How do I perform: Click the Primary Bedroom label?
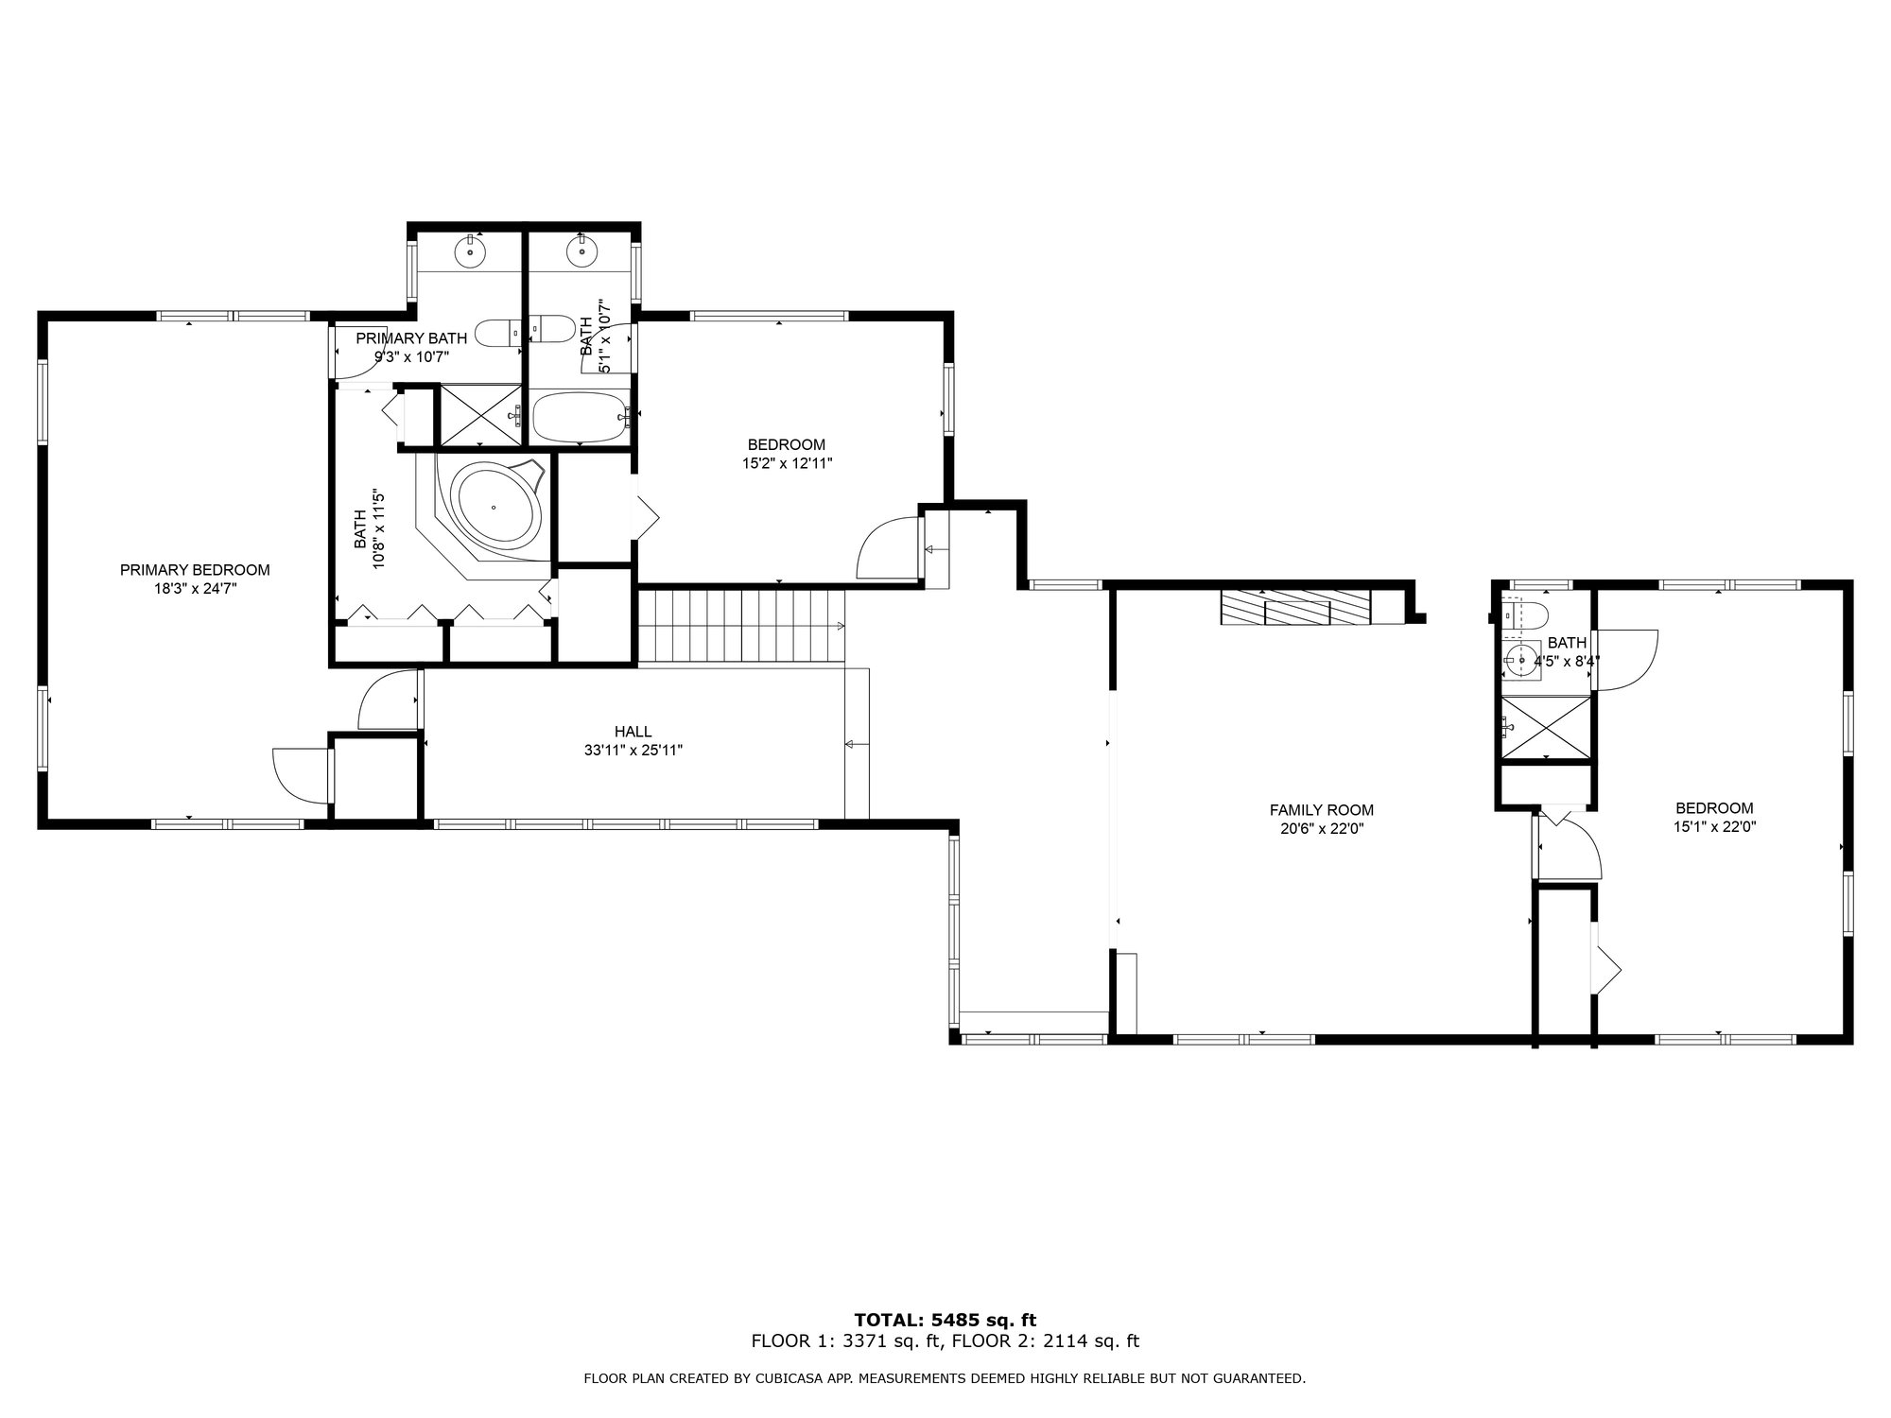(195, 570)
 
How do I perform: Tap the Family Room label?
(1321, 810)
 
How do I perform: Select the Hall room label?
(633, 732)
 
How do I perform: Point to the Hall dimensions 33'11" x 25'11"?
(633, 751)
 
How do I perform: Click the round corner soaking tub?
(494, 506)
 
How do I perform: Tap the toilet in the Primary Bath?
(497, 333)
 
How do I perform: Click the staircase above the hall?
(741, 626)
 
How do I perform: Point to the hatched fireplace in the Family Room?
(1295, 608)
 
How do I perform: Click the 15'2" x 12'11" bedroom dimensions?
(787, 463)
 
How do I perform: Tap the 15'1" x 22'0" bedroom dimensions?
(1714, 826)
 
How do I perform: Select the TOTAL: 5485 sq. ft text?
(945, 1320)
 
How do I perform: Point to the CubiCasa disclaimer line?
(945, 1378)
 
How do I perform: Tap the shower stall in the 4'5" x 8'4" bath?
(1545, 727)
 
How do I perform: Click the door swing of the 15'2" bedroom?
(888, 547)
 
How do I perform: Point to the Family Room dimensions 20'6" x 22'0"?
(1321, 829)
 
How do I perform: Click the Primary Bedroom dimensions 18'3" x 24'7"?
(195, 588)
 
